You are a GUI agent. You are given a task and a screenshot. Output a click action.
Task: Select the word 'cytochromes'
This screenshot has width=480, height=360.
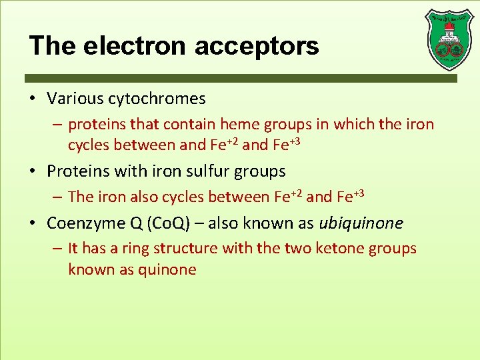[164, 99]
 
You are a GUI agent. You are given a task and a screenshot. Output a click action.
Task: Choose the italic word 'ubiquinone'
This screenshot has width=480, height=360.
[361, 223]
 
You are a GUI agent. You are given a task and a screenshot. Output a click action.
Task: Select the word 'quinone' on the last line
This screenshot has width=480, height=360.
[168, 269]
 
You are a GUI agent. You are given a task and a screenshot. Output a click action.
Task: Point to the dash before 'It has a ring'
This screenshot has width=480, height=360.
[58, 249]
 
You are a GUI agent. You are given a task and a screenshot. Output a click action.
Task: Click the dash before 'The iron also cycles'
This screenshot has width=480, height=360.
[58, 197]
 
